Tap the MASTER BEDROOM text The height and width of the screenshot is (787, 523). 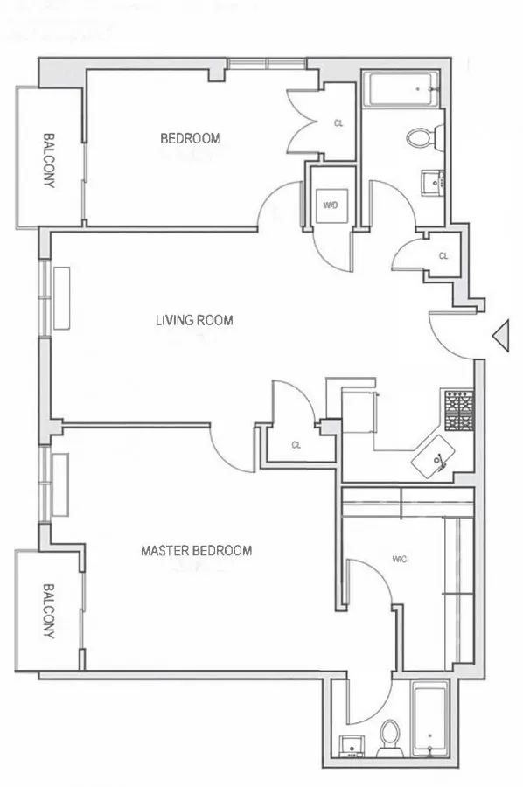point(197,550)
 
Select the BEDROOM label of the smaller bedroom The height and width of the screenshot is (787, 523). point(189,138)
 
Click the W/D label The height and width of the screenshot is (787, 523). point(331,206)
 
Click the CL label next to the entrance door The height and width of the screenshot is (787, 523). point(443,256)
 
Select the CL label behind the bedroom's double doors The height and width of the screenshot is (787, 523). point(338,124)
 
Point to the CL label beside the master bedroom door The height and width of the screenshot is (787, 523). point(296,444)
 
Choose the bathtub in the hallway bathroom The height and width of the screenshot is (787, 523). point(401,90)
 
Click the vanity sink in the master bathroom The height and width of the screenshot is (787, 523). point(354,746)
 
